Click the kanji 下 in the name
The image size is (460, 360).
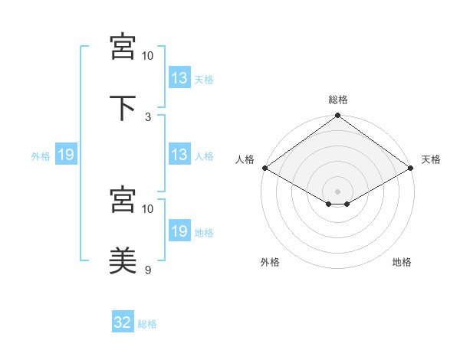click(123, 107)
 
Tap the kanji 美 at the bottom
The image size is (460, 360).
click(123, 260)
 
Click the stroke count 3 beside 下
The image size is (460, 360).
click(148, 117)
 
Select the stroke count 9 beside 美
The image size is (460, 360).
click(148, 270)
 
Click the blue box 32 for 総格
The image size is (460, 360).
click(123, 321)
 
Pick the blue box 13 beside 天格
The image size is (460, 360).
click(179, 77)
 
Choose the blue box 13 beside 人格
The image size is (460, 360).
click(179, 154)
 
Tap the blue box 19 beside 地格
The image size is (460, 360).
click(179, 230)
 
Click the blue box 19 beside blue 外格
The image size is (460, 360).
click(66, 154)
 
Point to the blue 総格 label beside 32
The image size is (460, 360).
click(147, 324)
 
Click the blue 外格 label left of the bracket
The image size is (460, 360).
click(41, 156)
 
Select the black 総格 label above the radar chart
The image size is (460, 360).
click(338, 100)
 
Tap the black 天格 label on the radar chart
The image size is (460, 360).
click(431, 159)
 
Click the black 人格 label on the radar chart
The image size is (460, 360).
click(245, 159)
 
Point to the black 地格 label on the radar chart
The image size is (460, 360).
click(402, 262)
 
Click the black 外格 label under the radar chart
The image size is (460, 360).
click(270, 262)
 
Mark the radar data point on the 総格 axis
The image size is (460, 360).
click(337, 115)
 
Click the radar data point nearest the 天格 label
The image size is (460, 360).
click(410, 168)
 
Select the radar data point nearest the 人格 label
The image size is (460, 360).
click(265, 168)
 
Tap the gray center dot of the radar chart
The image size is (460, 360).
click(337, 191)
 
